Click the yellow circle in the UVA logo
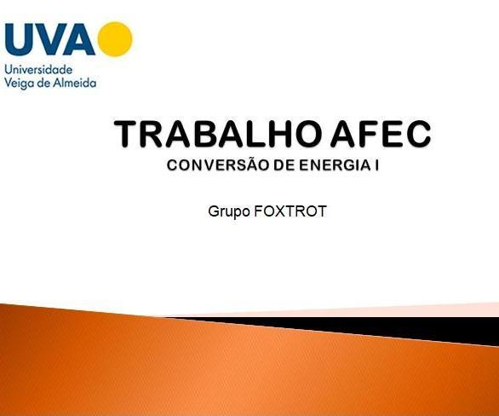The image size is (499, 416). pos(115,38)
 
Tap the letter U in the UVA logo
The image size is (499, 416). pos(22,39)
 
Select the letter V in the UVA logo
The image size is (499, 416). pos(52,39)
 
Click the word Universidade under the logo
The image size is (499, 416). pos(38,69)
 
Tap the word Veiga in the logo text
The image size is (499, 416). pos(20,83)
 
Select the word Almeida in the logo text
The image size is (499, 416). pos(74,83)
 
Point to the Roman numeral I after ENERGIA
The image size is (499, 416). pos(376,164)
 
